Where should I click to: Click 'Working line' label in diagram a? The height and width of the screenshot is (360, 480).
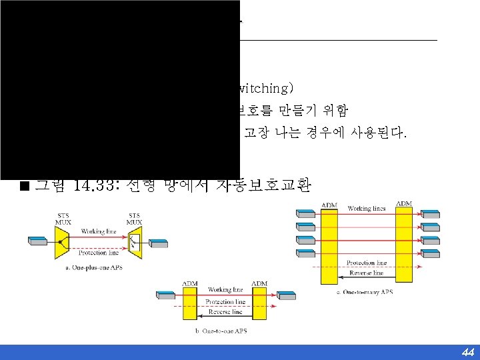pyautogui.click(x=99, y=231)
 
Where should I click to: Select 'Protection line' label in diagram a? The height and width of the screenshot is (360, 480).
pyautogui.click(x=99, y=253)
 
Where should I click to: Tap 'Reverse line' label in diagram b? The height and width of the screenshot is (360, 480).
pyautogui.click(x=225, y=312)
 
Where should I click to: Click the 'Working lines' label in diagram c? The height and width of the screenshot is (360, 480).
pyautogui.click(x=367, y=209)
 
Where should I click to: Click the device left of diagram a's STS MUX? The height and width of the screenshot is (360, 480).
pyautogui.click(x=37, y=238)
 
